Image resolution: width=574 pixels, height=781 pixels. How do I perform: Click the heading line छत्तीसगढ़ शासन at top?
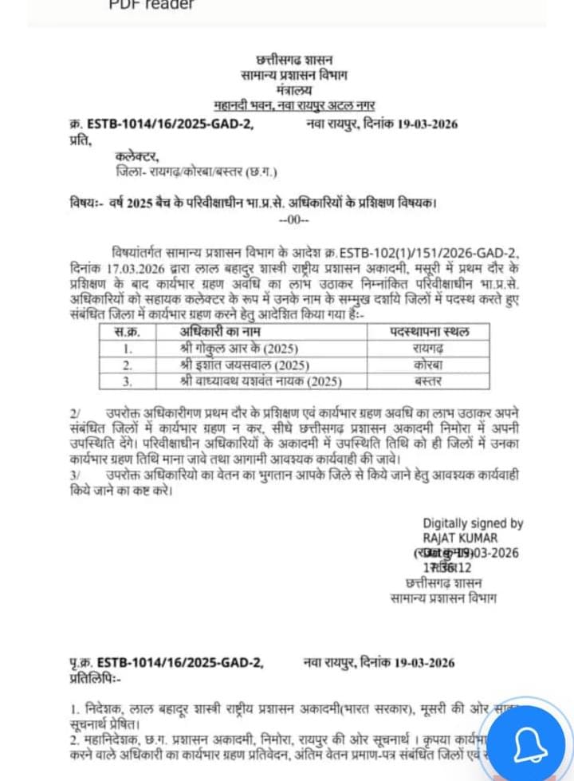tap(294, 60)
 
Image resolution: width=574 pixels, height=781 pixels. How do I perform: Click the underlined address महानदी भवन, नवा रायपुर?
tap(294, 105)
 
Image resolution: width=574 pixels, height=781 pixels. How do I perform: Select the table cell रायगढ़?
tap(428, 349)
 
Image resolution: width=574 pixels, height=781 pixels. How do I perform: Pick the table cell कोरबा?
tap(428, 365)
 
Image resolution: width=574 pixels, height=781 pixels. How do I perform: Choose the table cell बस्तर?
tap(428, 381)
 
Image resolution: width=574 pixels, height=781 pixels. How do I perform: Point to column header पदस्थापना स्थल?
tap(429, 332)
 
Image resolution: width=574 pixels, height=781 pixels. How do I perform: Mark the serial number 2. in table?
tap(128, 365)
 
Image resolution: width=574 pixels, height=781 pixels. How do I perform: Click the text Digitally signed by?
tap(473, 523)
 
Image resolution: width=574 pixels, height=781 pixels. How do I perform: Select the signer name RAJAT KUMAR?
tap(460, 538)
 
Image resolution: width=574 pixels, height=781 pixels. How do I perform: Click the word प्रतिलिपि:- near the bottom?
tap(95, 677)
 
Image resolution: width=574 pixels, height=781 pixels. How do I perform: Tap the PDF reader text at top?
tap(151, 5)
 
